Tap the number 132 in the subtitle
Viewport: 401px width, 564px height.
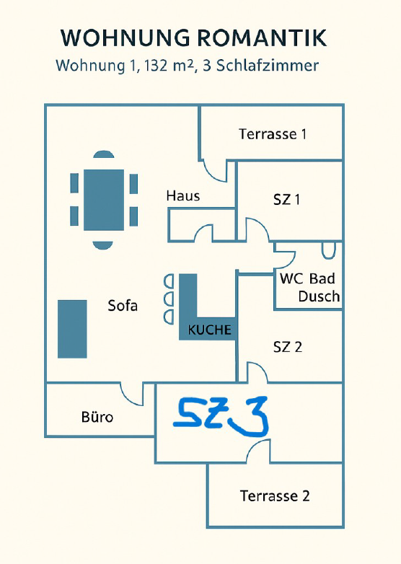point(157,66)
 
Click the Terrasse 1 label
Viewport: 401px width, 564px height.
point(273,134)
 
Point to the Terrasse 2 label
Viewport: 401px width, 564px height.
point(275,496)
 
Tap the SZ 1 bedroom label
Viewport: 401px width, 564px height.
point(286,199)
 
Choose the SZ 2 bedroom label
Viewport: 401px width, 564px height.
point(288,347)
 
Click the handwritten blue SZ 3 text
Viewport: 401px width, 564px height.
point(221,416)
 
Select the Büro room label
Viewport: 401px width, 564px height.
point(97,417)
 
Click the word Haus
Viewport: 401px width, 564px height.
point(183,196)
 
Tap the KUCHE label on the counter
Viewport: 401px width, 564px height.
point(209,330)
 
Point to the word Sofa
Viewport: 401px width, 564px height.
point(123,306)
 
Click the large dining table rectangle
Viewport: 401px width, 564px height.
point(104,200)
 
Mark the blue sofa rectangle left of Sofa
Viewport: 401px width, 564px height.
point(72,329)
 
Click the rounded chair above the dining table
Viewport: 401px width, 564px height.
point(104,154)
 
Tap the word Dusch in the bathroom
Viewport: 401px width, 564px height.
point(319,296)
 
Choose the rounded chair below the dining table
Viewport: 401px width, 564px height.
point(103,245)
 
